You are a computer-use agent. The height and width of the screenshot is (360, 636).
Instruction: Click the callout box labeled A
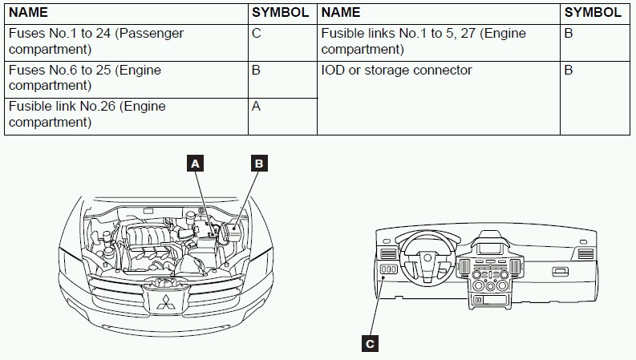(x=195, y=164)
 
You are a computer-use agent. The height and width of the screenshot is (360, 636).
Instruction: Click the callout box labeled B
(x=258, y=164)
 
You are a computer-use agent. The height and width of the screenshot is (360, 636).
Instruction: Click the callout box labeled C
(x=369, y=344)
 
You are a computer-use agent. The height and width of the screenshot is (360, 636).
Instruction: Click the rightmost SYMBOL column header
(x=593, y=12)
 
